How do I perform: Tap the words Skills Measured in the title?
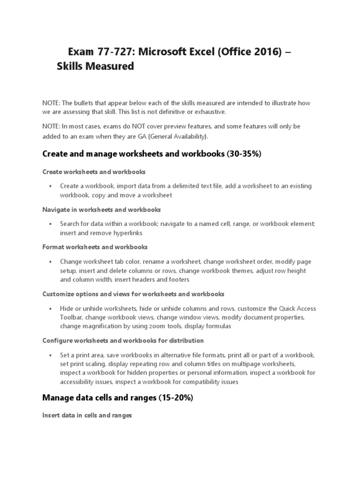click(x=95, y=67)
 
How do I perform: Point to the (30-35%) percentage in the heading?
click(x=245, y=153)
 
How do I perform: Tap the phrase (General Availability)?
click(x=180, y=136)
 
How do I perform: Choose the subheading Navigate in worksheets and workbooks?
click(x=101, y=210)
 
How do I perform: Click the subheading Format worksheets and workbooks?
click(x=95, y=247)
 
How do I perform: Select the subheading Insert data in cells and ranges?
click(x=87, y=415)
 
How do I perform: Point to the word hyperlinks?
click(x=127, y=232)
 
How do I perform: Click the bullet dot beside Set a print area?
click(x=50, y=355)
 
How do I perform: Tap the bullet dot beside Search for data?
click(x=50, y=224)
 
